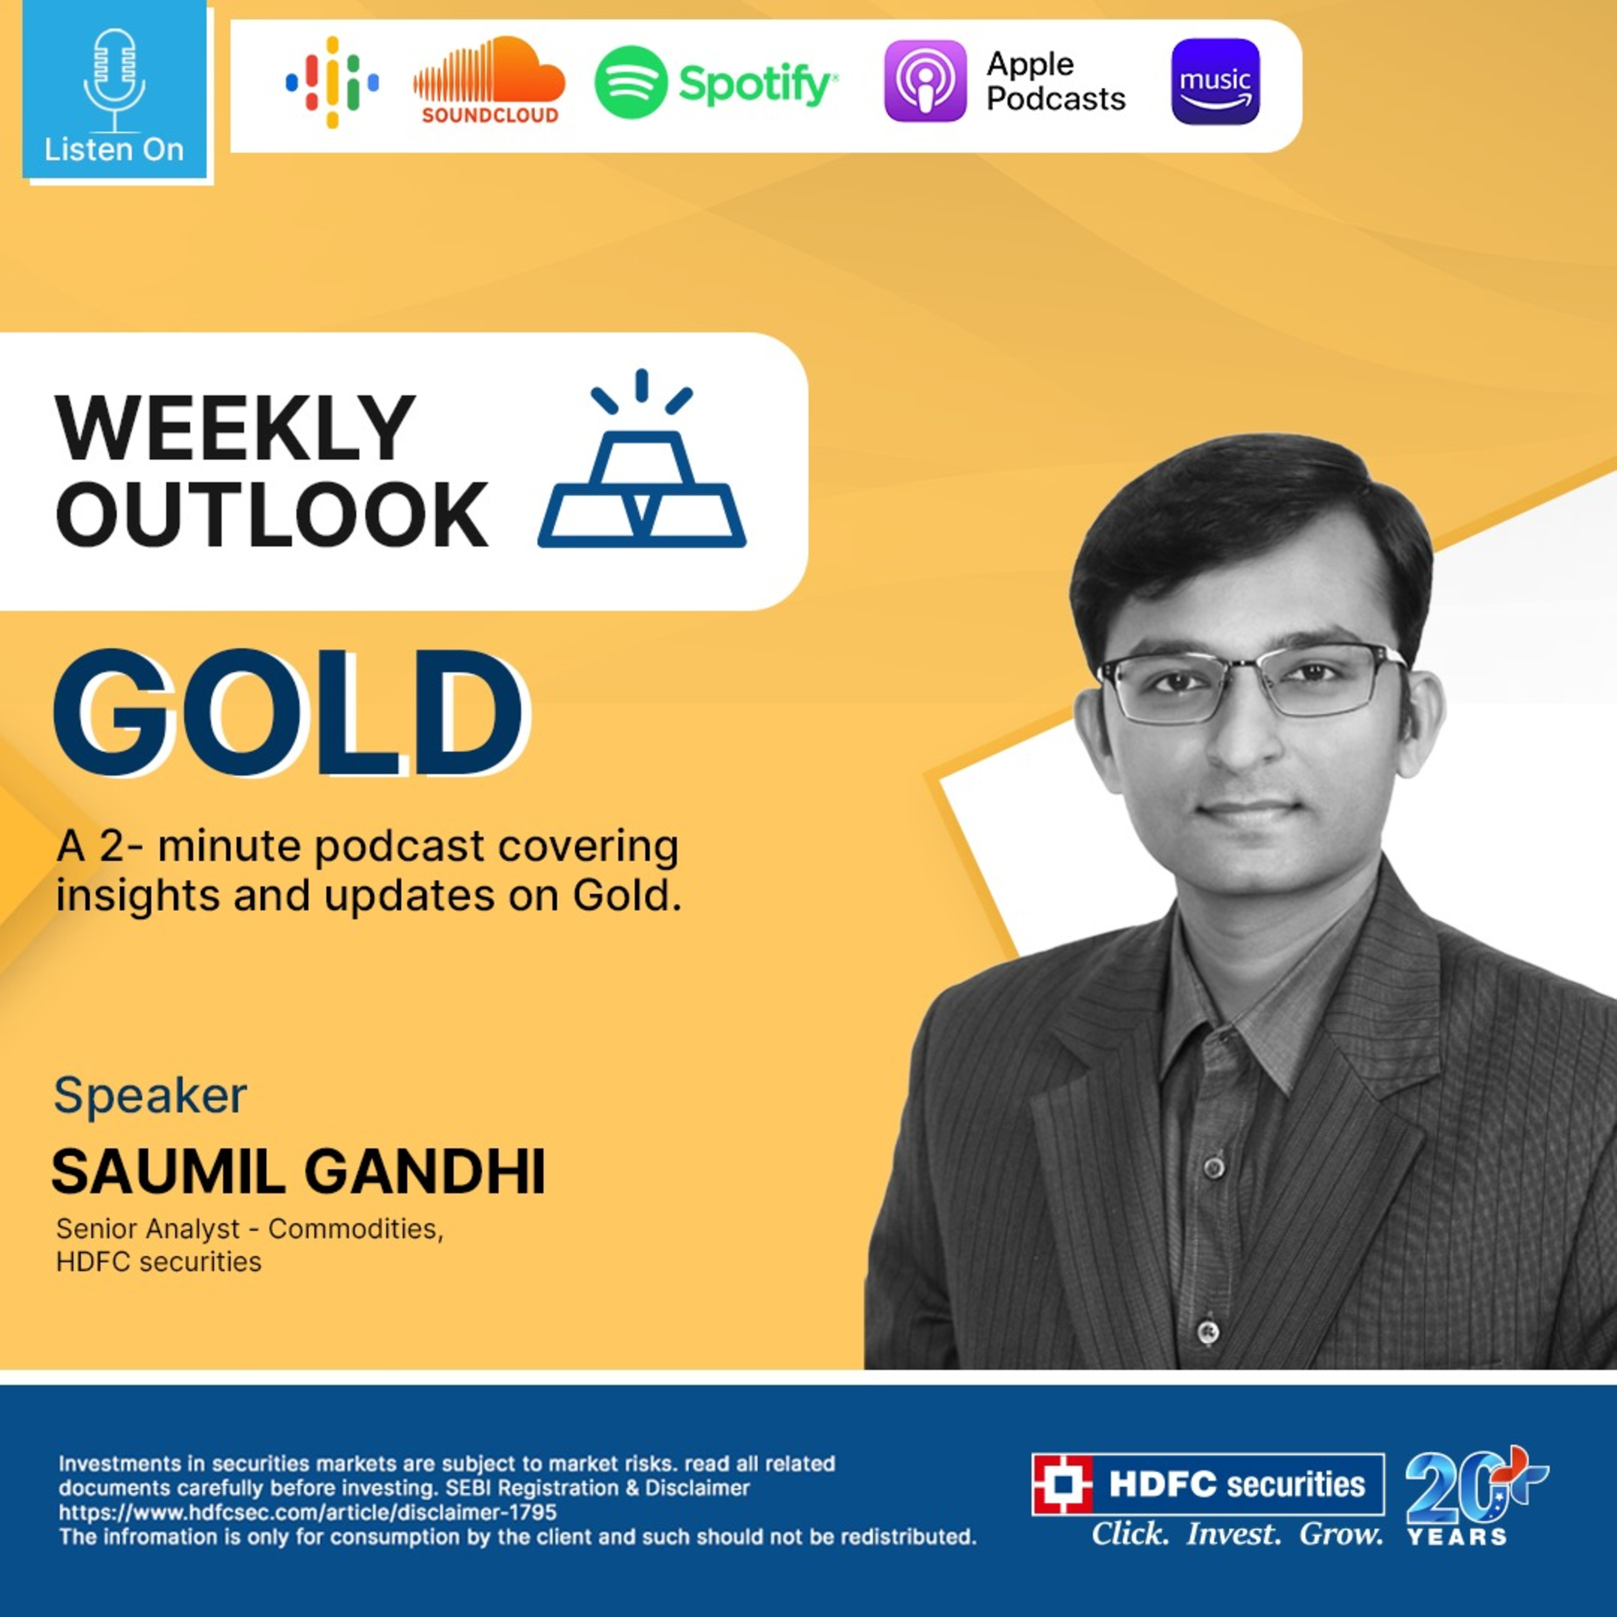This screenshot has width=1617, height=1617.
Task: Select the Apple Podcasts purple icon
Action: tap(925, 81)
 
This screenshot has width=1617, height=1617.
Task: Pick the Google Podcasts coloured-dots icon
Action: tap(332, 82)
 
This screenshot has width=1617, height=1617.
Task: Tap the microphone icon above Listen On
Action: tap(115, 80)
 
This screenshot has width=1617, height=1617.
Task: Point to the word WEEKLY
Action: tap(235, 429)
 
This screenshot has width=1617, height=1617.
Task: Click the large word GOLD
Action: tap(289, 714)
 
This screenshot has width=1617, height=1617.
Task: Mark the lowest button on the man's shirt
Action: tap(1207, 1329)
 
